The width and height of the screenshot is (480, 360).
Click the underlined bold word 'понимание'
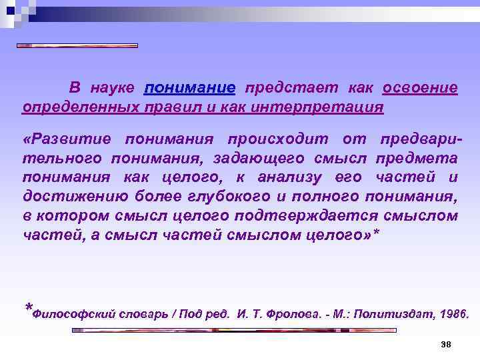189,89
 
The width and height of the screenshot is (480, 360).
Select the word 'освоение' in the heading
420,89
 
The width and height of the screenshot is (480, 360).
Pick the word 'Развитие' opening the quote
65,139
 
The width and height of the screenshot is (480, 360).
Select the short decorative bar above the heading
77,46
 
